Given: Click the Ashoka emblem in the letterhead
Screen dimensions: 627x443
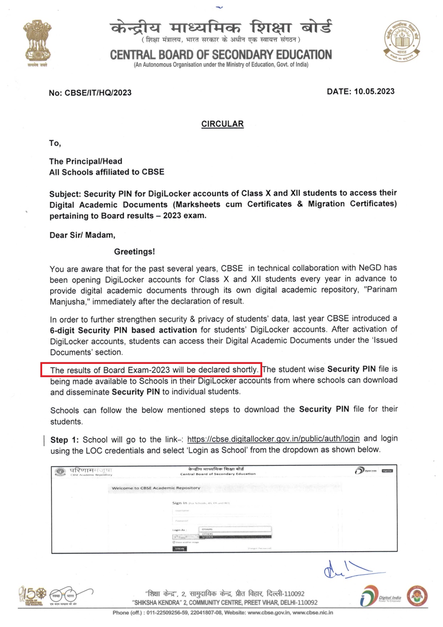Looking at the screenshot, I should point(38,41).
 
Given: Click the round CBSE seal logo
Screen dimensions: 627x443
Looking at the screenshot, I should point(402,40).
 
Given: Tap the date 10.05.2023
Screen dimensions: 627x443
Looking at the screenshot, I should point(374,92).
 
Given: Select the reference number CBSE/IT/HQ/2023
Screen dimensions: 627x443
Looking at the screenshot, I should point(98,93).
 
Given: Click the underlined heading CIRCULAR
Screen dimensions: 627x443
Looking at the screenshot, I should point(222,124).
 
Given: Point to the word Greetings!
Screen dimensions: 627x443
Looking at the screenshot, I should point(134,252).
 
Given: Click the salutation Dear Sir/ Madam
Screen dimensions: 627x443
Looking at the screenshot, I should point(82,235).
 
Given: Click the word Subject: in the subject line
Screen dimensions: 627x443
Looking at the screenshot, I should point(65,194).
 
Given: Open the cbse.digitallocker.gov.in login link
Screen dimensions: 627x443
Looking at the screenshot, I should point(273,439).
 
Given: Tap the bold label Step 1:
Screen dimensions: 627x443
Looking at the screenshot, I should point(64,440).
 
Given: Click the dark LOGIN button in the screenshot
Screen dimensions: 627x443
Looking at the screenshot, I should point(179,549).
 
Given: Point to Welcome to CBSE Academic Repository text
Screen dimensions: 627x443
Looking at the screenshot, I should point(156,488).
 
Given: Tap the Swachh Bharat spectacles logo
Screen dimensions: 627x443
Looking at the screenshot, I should point(64,596).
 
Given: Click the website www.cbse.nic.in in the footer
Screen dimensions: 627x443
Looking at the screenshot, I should point(313,612).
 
